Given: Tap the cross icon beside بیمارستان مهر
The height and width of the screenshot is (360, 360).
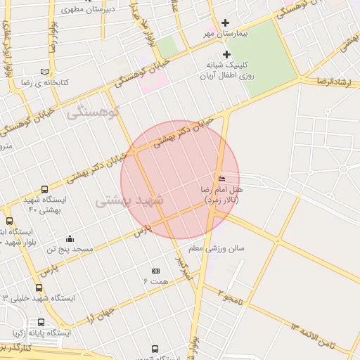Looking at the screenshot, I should coord(226,23).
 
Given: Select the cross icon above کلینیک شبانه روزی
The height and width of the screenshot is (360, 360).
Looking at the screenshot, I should coord(226,54).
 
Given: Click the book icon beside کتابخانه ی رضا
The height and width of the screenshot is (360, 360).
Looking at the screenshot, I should coord(45,72).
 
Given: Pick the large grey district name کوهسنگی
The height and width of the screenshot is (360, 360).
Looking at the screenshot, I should coord(94,111).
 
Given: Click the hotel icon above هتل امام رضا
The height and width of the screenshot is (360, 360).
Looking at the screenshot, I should coord(223,179).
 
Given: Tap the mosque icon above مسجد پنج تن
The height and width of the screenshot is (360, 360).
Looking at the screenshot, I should coord(69,239).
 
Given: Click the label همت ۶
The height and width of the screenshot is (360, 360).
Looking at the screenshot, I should coord(155,281).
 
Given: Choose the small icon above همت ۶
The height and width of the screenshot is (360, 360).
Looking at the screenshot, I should coord(155,271).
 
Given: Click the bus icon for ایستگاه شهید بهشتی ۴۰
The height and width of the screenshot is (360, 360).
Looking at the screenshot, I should coord(45,190).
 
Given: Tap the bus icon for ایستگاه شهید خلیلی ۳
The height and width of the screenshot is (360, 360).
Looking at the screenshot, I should coord(39,287).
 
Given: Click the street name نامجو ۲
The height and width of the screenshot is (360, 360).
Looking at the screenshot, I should coord(229,295).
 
